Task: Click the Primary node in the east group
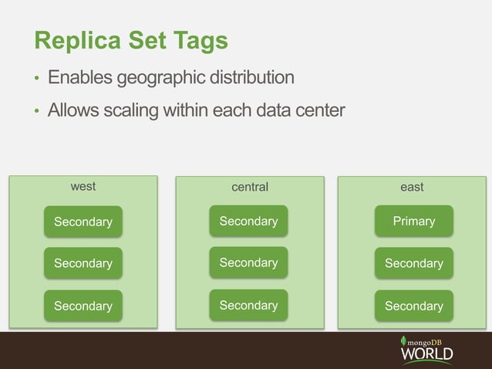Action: click(x=414, y=221)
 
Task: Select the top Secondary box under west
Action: click(x=83, y=222)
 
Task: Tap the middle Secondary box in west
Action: click(x=83, y=263)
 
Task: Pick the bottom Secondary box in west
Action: click(x=83, y=306)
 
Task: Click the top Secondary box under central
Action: click(x=248, y=221)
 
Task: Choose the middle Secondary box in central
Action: click(x=248, y=262)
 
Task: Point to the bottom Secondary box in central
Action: click(x=248, y=305)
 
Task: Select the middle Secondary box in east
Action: click(x=414, y=263)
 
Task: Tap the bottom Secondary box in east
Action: click(x=414, y=306)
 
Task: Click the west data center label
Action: click(x=83, y=186)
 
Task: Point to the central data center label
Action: click(x=250, y=187)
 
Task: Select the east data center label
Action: click(x=412, y=187)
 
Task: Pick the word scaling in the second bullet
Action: click(x=128, y=111)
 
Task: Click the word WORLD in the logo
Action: click(x=426, y=354)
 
